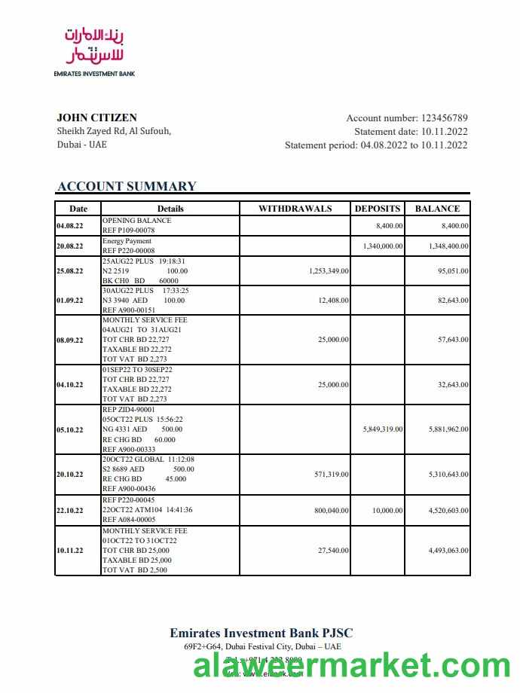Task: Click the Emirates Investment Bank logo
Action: point(94,50)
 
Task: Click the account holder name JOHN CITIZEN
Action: point(96,118)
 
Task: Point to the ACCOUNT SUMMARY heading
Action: point(127,187)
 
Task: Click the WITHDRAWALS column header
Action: point(295,209)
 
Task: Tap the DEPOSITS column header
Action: point(378,209)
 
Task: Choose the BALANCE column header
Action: point(437,209)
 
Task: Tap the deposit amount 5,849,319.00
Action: point(383,429)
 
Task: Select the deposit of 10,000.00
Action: point(388,511)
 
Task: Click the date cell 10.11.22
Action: point(70,551)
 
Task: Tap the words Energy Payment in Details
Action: point(127,241)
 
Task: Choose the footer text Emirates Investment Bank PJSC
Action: point(261,633)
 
